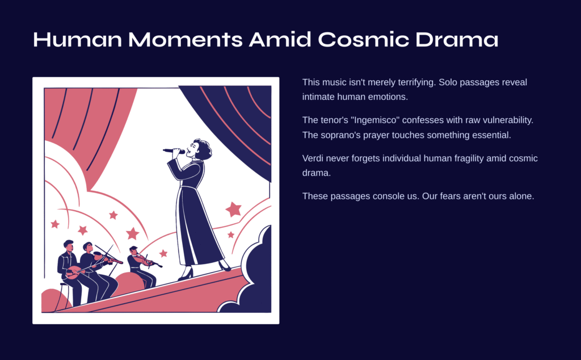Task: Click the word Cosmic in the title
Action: [364, 39]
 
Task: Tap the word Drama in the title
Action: [457, 39]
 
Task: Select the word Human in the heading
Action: [77, 39]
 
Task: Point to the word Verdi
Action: [313, 158]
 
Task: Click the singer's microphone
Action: [174, 151]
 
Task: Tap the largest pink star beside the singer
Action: [233, 210]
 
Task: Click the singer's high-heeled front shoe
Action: [186, 274]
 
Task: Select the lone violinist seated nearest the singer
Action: [142, 266]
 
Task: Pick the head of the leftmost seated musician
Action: [69, 245]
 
